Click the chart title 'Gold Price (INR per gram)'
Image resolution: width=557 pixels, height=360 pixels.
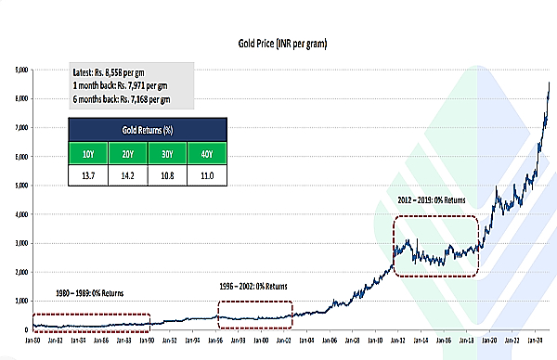coord(278,43)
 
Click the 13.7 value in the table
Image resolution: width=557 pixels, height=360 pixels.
coord(88,175)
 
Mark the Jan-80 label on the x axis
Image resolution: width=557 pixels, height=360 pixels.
coord(32,341)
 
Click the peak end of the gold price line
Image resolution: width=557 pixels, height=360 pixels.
coord(550,84)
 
